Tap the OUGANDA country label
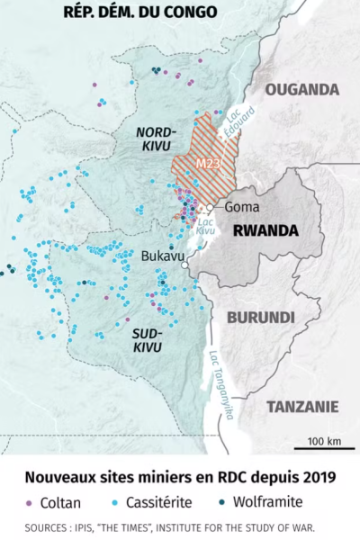click(x=302, y=90)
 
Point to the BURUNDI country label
click(x=261, y=318)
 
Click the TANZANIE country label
click(x=301, y=405)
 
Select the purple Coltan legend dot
click(x=30, y=501)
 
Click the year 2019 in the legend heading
click(x=318, y=476)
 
